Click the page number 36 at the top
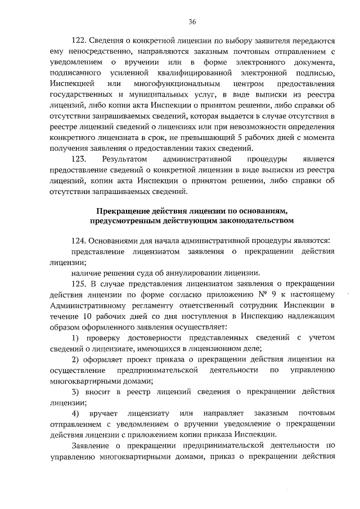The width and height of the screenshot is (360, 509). click(x=192, y=22)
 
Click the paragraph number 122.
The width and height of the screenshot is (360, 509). click(x=81, y=41)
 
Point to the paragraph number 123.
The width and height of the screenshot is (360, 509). click(x=81, y=160)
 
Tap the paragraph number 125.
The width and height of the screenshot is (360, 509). click(x=81, y=283)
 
